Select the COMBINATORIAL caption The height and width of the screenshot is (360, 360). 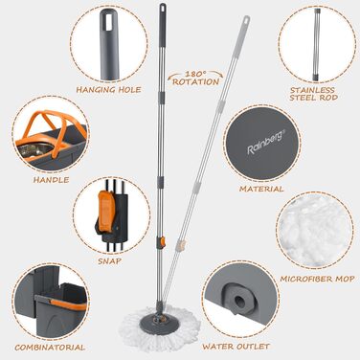45,347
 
